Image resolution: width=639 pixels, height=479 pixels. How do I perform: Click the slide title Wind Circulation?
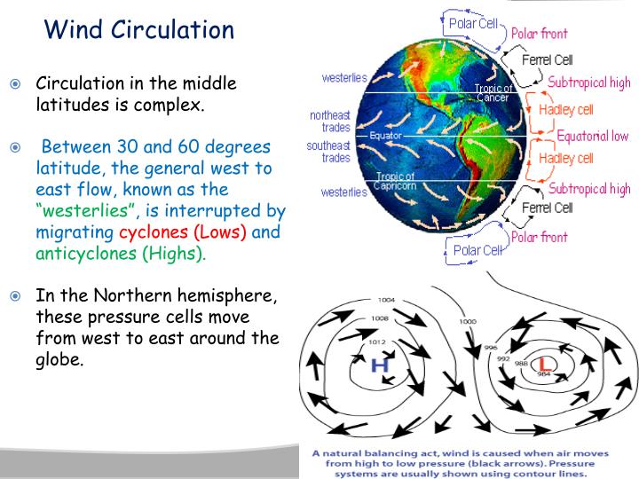[x=139, y=30]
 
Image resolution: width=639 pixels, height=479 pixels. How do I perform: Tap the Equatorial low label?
[x=592, y=137]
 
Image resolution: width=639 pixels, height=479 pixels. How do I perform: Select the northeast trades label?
[x=330, y=122]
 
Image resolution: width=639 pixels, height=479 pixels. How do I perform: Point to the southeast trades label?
[x=328, y=152]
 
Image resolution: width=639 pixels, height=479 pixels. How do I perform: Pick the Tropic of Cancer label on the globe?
[x=493, y=93]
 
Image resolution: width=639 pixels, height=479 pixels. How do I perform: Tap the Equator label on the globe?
[x=386, y=137]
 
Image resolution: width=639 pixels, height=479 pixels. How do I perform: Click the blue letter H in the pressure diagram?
[x=379, y=365]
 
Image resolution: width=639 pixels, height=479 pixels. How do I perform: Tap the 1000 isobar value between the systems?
[x=467, y=321]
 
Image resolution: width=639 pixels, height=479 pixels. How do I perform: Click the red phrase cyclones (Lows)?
[x=184, y=232]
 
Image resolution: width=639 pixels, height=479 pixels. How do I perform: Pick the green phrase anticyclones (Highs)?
[x=120, y=254]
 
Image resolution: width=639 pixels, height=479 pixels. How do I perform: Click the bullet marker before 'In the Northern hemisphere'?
[x=14, y=297]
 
